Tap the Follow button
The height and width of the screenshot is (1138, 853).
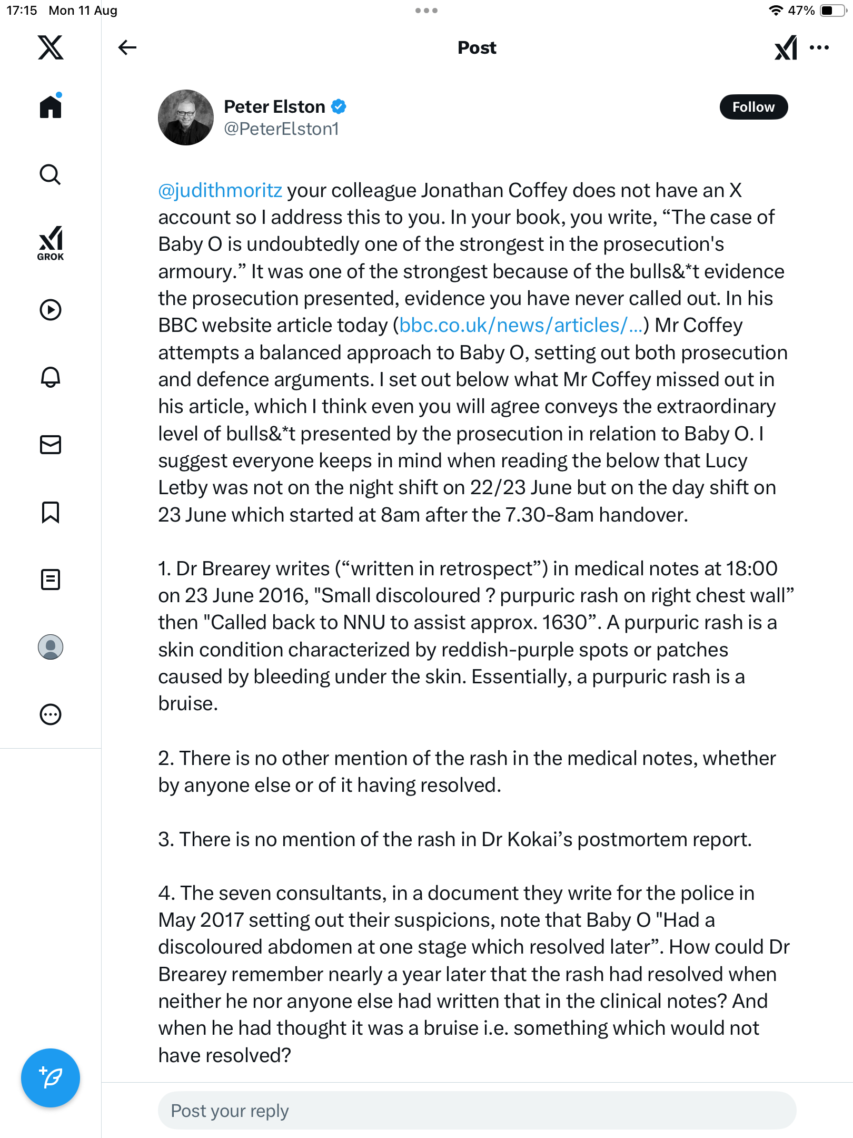pyautogui.click(x=753, y=107)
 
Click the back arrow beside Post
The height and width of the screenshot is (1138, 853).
pyautogui.click(x=127, y=47)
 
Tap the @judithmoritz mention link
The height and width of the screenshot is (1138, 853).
pyautogui.click(x=220, y=190)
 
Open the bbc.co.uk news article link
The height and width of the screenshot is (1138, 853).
pyautogui.click(x=521, y=325)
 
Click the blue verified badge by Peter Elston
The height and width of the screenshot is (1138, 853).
pyautogui.click(x=339, y=106)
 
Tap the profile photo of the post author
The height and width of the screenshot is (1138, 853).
pyautogui.click(x=185, y=117)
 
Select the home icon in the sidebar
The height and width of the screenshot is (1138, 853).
pyautogui.click(x=51, y=106)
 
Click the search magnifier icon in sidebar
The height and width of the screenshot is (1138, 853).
pyautogui.click(x=51, y=174)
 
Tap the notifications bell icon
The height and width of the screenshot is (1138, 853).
pyautogui.click(x=51, y=377)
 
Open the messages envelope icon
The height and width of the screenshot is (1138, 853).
pyautogui.click(x=51, y=445)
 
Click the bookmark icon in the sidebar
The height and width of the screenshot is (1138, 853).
pyautogui.click(x=51, y=512)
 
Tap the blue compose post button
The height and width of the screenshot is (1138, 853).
pyautogui.click(x=51, y=1077)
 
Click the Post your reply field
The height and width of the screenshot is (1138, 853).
pyautogui.click(x=477, y=1111)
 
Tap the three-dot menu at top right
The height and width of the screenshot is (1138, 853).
pyautogui.click(x=819, y=47)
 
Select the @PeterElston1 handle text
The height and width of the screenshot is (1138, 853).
pyautogui.click(x=281, y=129)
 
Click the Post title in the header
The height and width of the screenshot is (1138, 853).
pyautogui.click(x=477, y=47)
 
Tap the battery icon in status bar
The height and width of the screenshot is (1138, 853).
pyautogui.click(x=832, y=11)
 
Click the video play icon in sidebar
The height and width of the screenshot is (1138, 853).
pyautogui.click(x=51, y=310)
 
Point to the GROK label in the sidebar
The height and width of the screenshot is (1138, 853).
pyautogui.click(x=51, y=257)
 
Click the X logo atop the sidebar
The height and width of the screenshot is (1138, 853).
pyautogui.click(x=51, y=47)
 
